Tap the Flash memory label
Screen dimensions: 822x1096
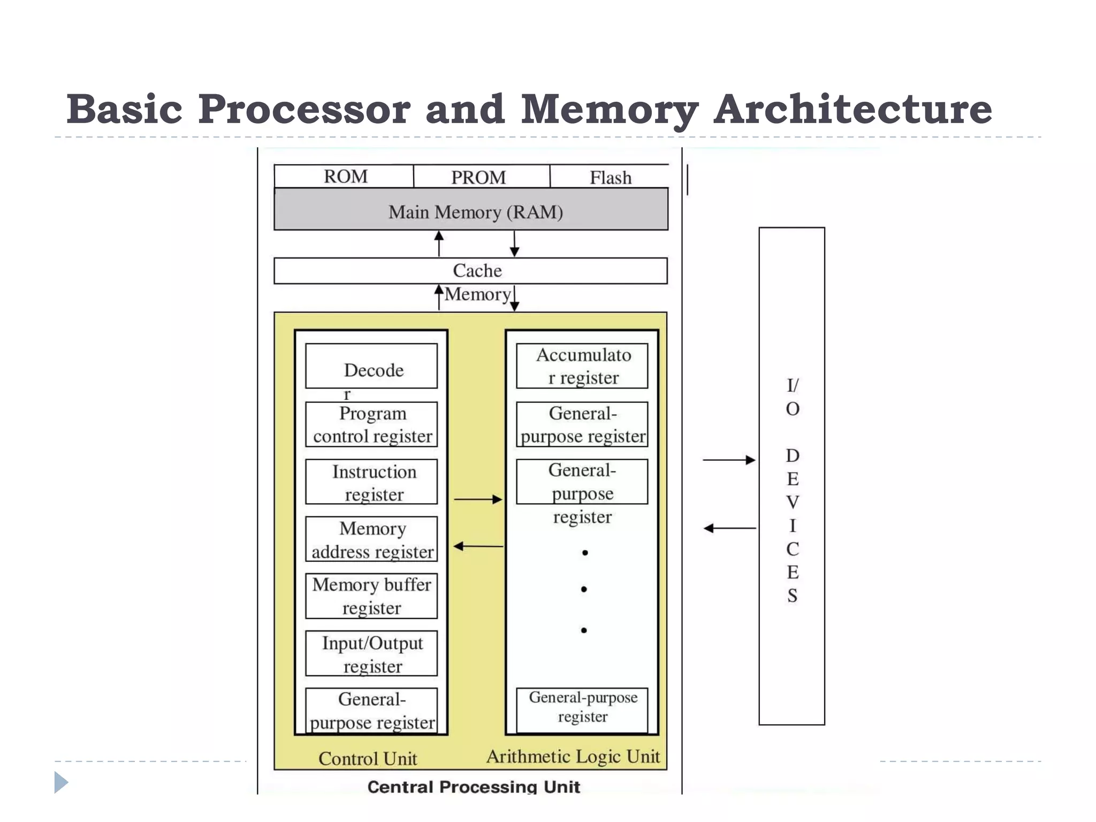click(x=610, y=178)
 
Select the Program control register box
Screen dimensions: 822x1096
click(x=371, y=425)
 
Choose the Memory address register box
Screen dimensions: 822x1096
click(x=371, y=539)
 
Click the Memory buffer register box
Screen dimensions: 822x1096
click(x=371, y=596)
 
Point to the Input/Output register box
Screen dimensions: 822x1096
click(x=371, y=653)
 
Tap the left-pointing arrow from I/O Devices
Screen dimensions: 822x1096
click(x=729, y=528)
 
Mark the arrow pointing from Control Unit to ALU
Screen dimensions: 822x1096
click(x=478, y=499)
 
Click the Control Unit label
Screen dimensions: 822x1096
click(x=368, y=758)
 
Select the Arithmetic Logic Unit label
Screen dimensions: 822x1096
click(x=573, y=757)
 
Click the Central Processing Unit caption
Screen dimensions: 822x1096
click(x=473, y=787)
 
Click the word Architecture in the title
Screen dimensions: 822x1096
click(x=853, y=110)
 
